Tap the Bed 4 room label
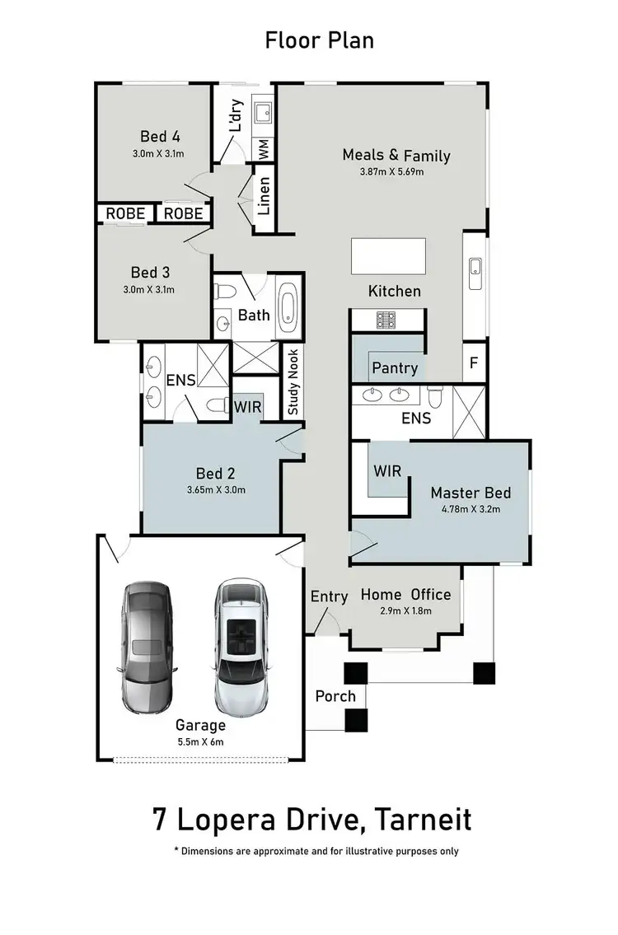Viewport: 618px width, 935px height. [159, 137]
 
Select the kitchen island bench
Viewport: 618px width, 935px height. [389, 256]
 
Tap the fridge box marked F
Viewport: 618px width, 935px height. [474, 362]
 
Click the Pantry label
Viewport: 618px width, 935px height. [395, 367]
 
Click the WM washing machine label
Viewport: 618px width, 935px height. [264, 149]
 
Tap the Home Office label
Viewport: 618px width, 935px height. [405, 594]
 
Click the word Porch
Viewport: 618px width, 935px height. [335, 696]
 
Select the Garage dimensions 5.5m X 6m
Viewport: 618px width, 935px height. [199, 741]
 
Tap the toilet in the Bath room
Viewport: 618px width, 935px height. [222, 290]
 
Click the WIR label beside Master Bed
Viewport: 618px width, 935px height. [387, 471]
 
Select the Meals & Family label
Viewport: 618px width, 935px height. [396, 155]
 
